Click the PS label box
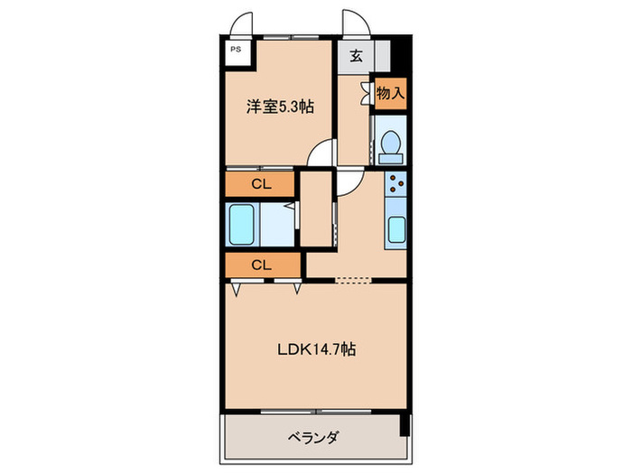[236, 51]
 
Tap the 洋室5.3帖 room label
[281, 107]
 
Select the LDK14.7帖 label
[315, 349]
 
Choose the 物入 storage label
[390, 93]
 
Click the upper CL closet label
[261, 184]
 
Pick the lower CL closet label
[261, 265]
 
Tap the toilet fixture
[391, 144]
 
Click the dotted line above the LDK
[352, 280]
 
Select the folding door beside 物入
[366, 91]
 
